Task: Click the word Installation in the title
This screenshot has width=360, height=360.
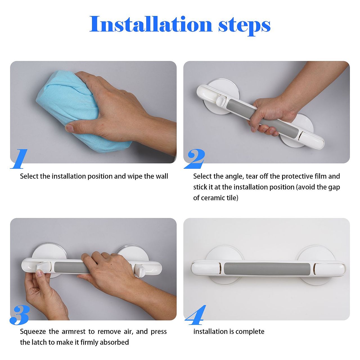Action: (x=151, y=24)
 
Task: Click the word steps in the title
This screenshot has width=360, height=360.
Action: (x=244, y=26)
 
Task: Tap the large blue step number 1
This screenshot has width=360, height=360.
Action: (x=19, y=159)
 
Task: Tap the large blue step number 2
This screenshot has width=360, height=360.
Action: (x=194, y=159)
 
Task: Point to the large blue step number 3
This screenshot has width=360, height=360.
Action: (x=20, y=315)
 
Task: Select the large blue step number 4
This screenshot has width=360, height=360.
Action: (x=195, y=315)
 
